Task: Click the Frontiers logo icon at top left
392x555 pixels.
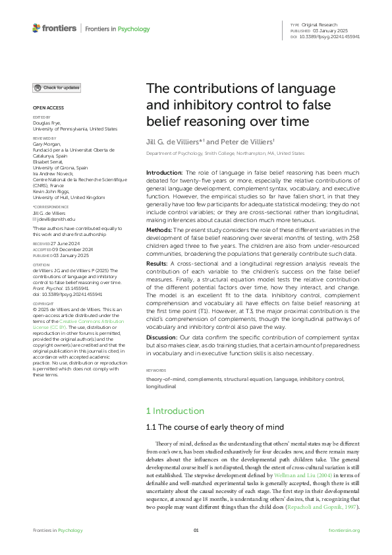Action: (37, 28)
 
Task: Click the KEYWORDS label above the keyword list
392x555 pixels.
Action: (156, 371)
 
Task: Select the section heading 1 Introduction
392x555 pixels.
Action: (175, 411)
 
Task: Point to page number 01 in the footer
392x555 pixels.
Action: (196, 531)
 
